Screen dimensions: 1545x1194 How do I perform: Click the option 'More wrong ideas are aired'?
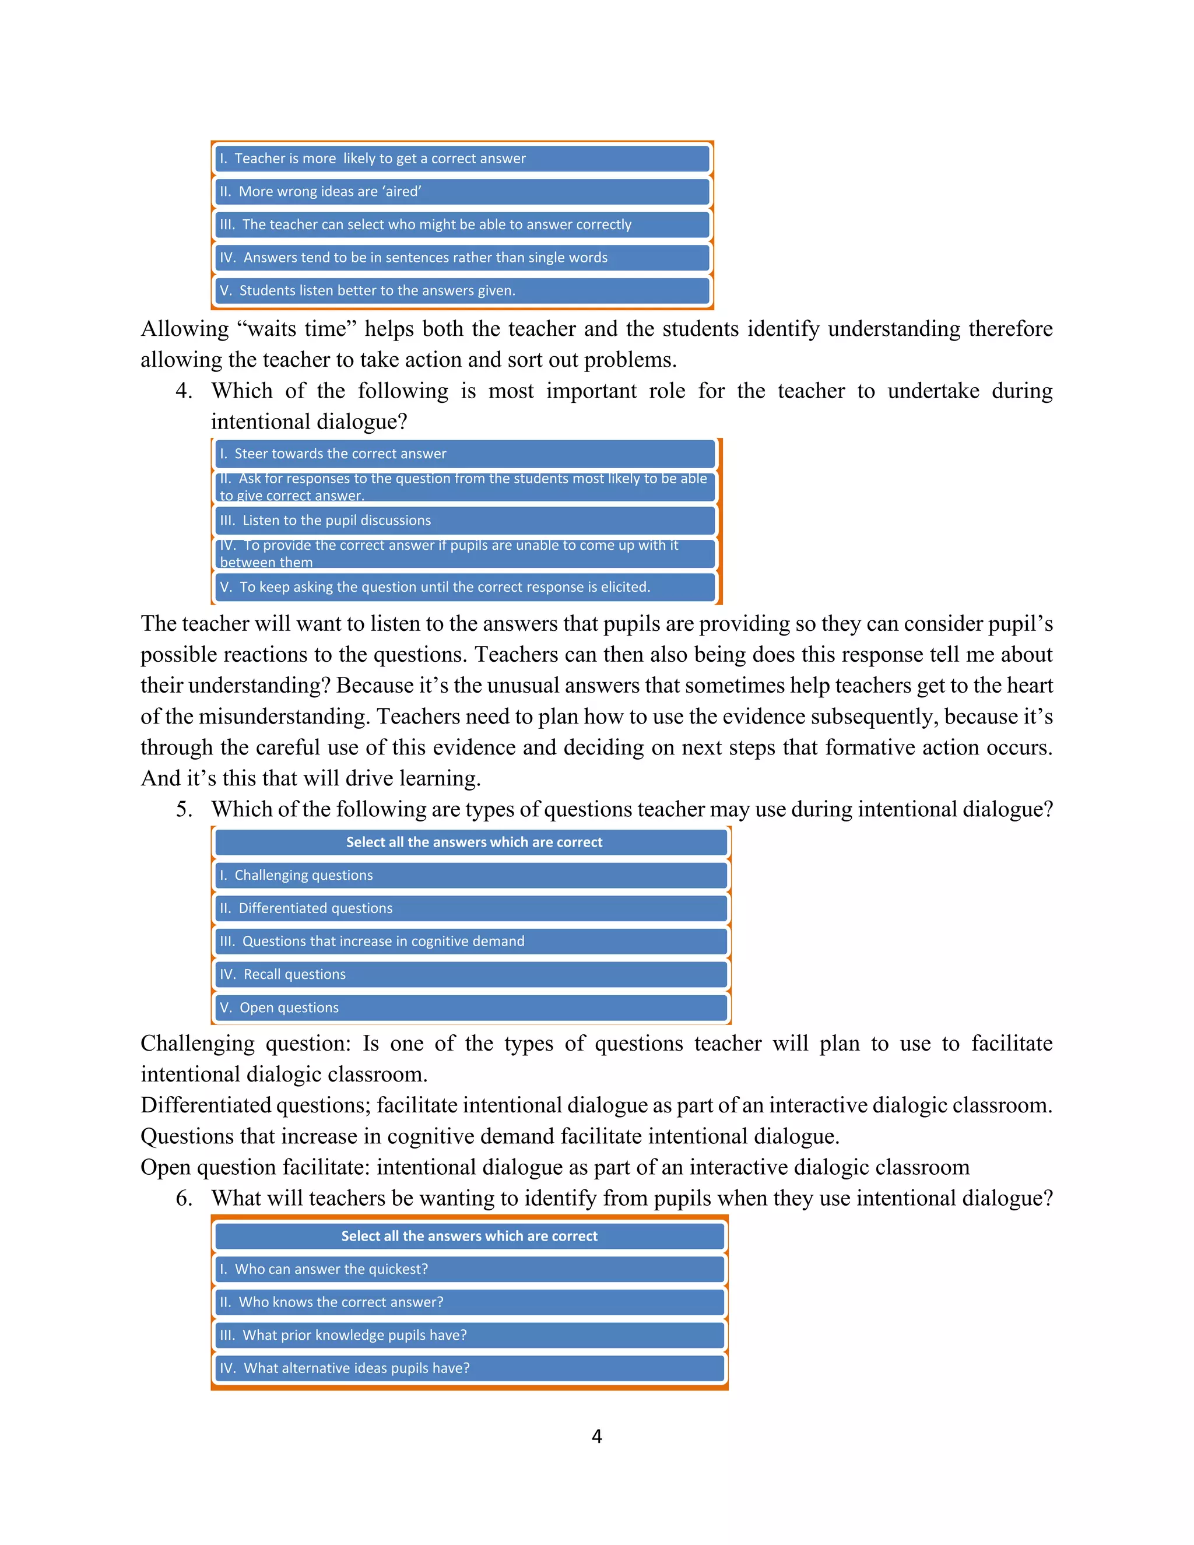click(x=462, y=192)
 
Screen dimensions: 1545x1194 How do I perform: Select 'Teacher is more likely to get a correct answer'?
click(x=462, y=159)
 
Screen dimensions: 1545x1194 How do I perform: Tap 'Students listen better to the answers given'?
click(x=462, y=291)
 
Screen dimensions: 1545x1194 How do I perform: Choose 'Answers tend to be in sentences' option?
click(x=462, y=258)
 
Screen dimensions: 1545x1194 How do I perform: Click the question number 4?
click(x=183, y=391)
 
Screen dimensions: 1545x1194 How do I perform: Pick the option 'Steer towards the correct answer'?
click(x=465, y=454)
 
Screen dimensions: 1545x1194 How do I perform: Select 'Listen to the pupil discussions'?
click(x=465, y=521)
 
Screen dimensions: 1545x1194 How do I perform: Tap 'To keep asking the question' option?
click(x=465, y=587)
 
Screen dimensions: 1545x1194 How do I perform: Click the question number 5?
click(x=183, y=809)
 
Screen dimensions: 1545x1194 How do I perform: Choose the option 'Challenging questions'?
click(x=470, y=876)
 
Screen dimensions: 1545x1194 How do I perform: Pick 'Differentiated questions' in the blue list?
click(x=470, y=908)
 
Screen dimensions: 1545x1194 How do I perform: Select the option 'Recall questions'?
click(x=470, y=975)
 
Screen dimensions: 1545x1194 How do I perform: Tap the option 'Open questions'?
click(x=470, y=1008)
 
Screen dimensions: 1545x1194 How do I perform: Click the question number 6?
click(x=183, y=1198)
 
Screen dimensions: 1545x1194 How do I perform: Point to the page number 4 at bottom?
click(x=596, y=1437)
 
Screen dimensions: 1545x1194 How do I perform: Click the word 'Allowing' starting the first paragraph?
click(x=184, y=329)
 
